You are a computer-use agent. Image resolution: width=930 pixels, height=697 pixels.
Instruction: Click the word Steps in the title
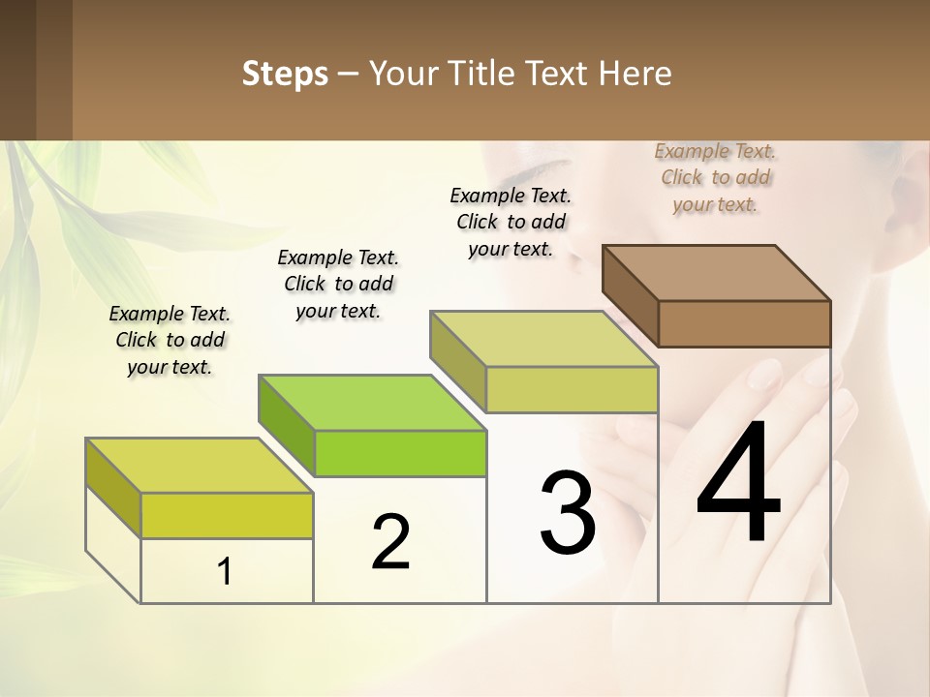click(285, 74)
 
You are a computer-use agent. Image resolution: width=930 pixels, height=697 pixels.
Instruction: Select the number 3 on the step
click(568, 513)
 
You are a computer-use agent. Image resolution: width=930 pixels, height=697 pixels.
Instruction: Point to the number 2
click(390, 541)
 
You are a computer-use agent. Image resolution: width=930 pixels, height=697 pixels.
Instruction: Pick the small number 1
click(225, 572)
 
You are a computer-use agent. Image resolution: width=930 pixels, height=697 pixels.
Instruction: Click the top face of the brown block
click(716, 272)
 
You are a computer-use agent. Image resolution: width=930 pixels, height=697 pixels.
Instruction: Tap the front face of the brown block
click(744, 323)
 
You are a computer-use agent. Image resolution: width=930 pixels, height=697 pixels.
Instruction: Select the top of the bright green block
click(372, 402)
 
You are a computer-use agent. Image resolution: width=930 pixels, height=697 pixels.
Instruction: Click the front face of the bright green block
click(400, 453)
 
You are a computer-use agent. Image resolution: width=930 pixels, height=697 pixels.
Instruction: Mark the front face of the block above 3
click(572, 389)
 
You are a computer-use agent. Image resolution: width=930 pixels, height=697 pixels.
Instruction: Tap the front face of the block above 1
click(227, 515)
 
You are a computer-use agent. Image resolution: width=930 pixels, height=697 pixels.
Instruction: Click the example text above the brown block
click(716, 177)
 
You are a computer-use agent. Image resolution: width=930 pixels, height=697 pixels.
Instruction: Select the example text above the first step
click(170, 340)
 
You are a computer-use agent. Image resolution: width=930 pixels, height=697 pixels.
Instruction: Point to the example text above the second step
click(338, 284)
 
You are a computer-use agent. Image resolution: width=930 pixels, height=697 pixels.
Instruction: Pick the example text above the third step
click(511, 222)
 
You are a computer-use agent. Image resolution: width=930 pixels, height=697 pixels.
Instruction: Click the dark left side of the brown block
click(631, 295)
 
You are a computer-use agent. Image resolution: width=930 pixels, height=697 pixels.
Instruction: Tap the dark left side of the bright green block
click(287, 424)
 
